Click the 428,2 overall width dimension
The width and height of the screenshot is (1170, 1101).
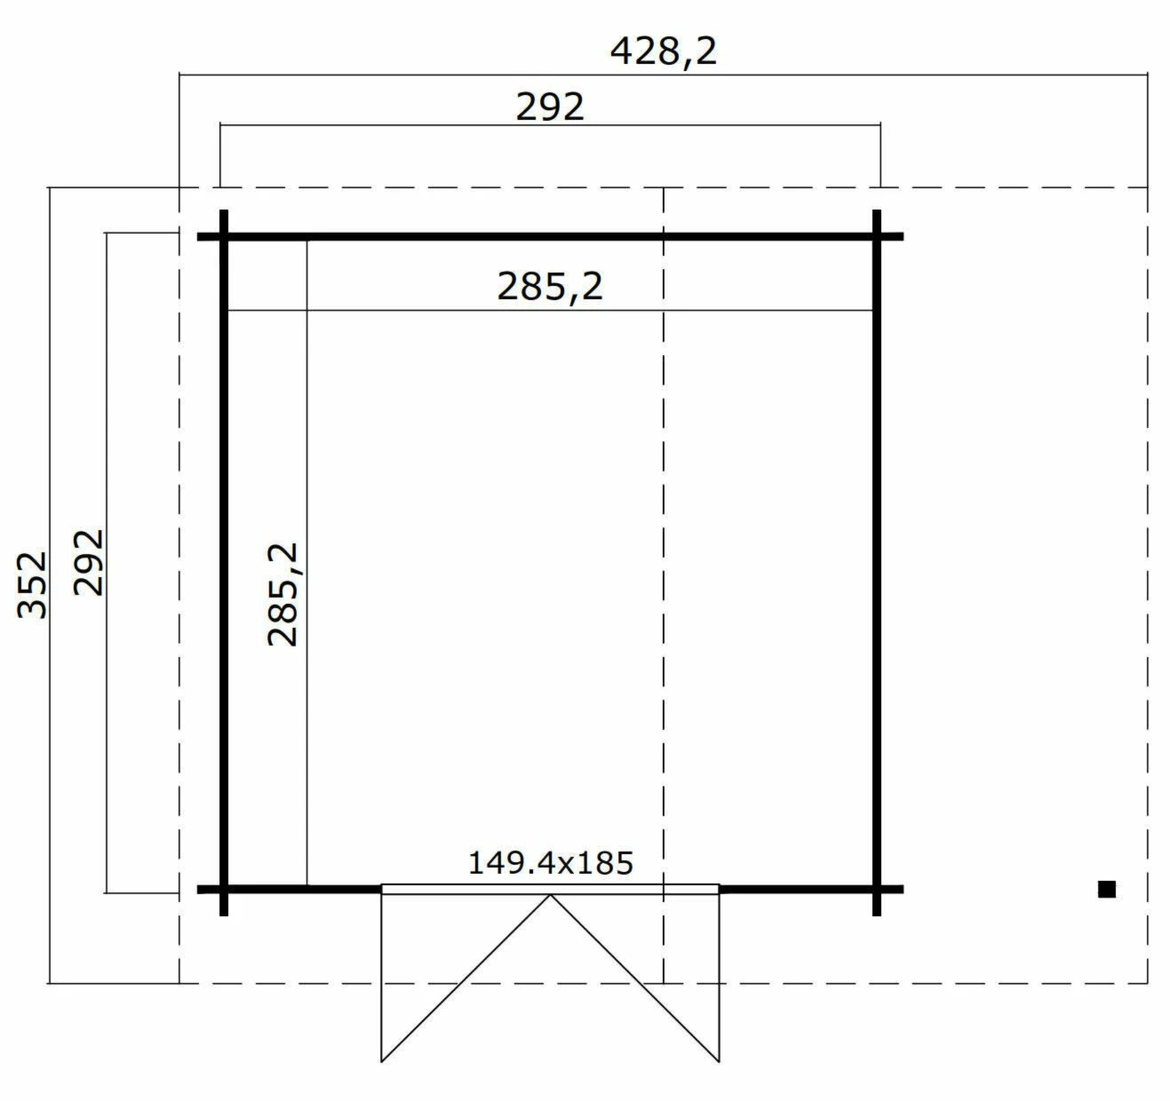click(663, 51)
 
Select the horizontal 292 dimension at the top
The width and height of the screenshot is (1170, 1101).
click(550, 107)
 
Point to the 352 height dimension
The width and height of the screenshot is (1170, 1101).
click(33, 583)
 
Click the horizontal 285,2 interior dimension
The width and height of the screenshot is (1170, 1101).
click(550, 287)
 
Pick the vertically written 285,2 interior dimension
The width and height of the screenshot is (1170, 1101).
click(283, 595)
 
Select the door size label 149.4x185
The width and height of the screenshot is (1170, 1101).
click(550, 862)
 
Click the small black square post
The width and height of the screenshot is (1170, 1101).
click(1106, 889)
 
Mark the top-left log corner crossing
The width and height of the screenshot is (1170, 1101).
click(224, 237)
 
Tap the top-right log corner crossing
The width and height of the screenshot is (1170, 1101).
click(877, 237)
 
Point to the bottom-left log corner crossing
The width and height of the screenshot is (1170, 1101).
click(224, 889)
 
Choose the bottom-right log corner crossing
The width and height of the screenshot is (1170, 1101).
click(877, 889)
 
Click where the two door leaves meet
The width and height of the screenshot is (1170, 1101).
click(550, 895)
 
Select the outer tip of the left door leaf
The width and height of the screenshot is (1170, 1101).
click(382, 1060)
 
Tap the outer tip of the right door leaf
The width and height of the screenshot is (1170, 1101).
click(718, 1060)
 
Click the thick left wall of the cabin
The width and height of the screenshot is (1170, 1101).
click(224, 559)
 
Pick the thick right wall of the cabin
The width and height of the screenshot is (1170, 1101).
click(877, 559)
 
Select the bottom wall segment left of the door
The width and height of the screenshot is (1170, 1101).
click(302, 889)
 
